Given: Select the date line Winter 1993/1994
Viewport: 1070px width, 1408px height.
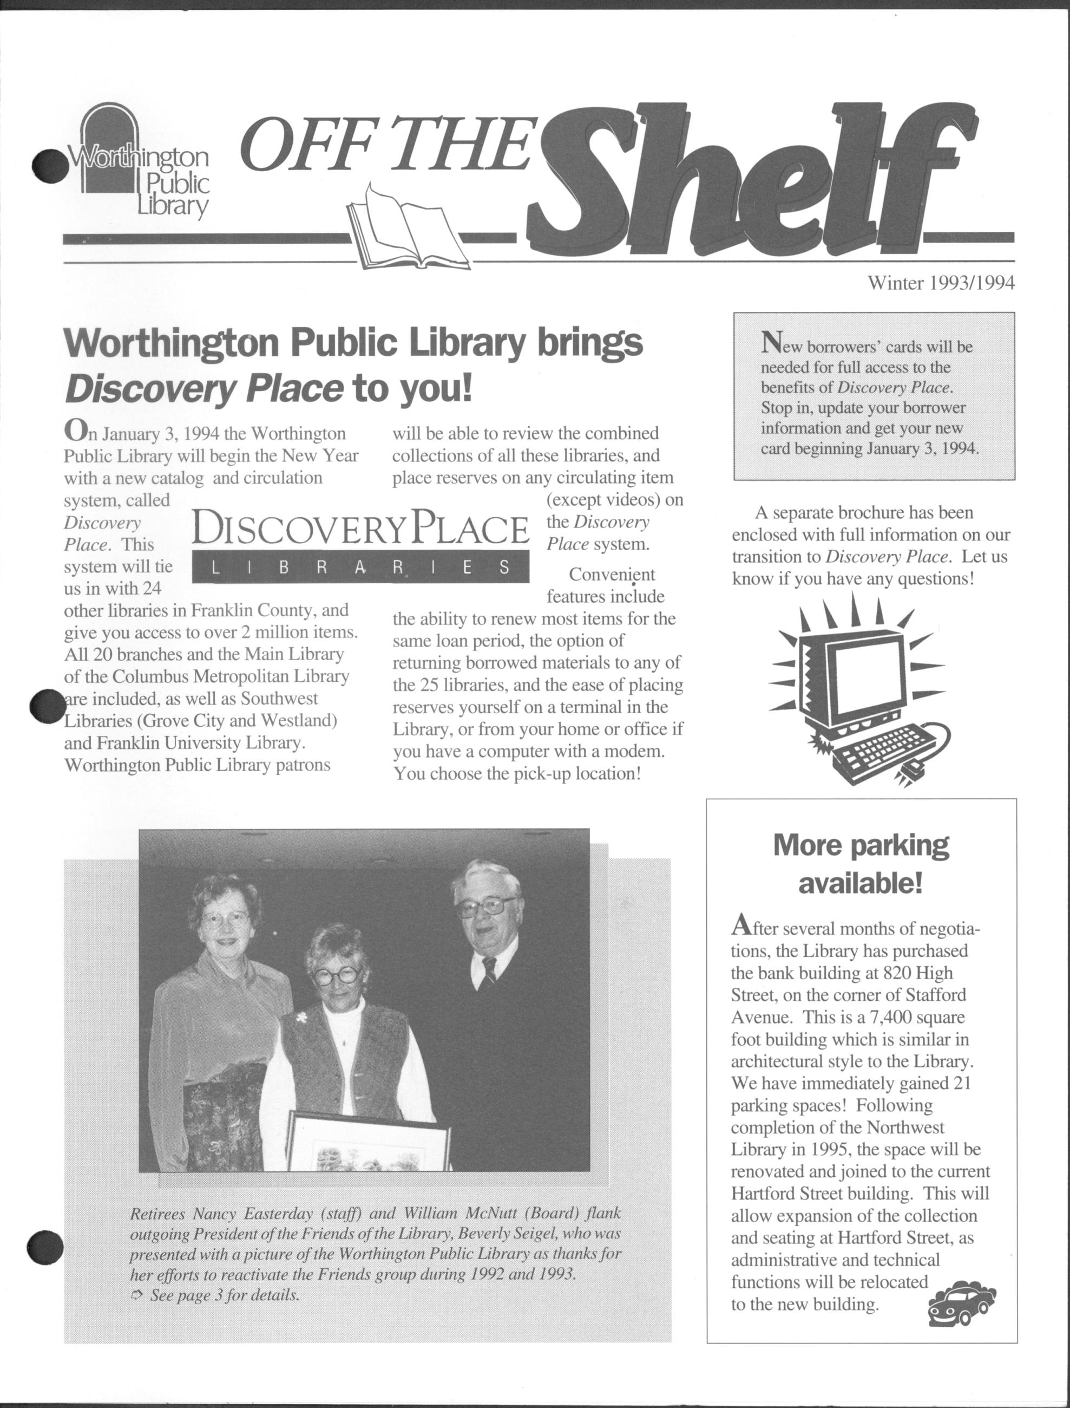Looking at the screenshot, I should [x=941, y=284].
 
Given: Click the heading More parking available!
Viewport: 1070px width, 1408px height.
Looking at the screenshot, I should [x=861, y=864].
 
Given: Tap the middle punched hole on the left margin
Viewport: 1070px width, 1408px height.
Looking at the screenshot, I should [x=48, y=707].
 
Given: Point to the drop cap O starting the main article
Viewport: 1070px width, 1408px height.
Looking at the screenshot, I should [x=74, y=431].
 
